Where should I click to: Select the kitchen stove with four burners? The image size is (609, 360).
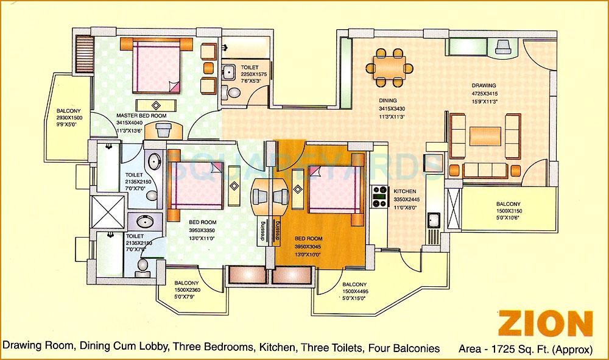click(381, 196)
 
